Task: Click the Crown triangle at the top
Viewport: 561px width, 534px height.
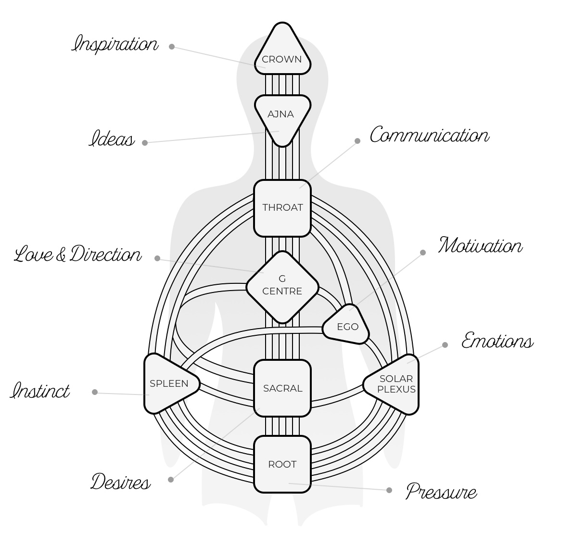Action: (x=282, y=53)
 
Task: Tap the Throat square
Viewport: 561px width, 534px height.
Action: (x=282, y=208)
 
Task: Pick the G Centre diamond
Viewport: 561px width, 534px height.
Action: (x=282, y=286)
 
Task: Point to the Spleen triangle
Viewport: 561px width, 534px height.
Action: (x=168, y=383)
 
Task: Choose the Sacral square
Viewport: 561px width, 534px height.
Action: (x=282, y=388)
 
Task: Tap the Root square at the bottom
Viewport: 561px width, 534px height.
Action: (x=282, y=464)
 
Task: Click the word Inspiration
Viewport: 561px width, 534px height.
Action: (x=115, y=44)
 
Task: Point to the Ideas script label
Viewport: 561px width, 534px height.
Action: (x=112, y=140)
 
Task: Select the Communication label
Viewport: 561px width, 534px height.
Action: (x=429, y=136)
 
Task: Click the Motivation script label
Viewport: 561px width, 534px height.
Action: (x=480, y=245)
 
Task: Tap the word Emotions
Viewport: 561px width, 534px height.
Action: (x=497, y=341)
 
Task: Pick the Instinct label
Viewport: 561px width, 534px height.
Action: (x=40, y=390)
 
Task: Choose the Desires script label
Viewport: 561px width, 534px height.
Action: (x=120, y=482)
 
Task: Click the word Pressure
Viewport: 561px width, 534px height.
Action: (x=441, y=492)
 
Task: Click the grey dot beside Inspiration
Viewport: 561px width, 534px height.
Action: (x=172, y=47)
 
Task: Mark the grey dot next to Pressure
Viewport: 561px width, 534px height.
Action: (x=389, y=490)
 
